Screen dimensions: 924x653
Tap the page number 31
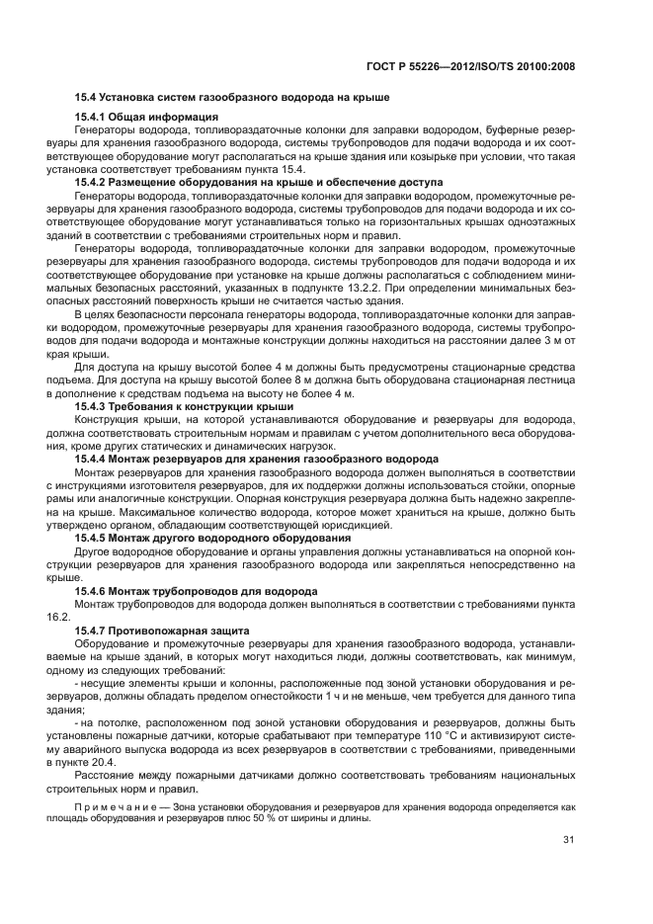[x=568, y=840]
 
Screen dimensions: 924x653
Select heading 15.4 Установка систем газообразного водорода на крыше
[x=232, y=98]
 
